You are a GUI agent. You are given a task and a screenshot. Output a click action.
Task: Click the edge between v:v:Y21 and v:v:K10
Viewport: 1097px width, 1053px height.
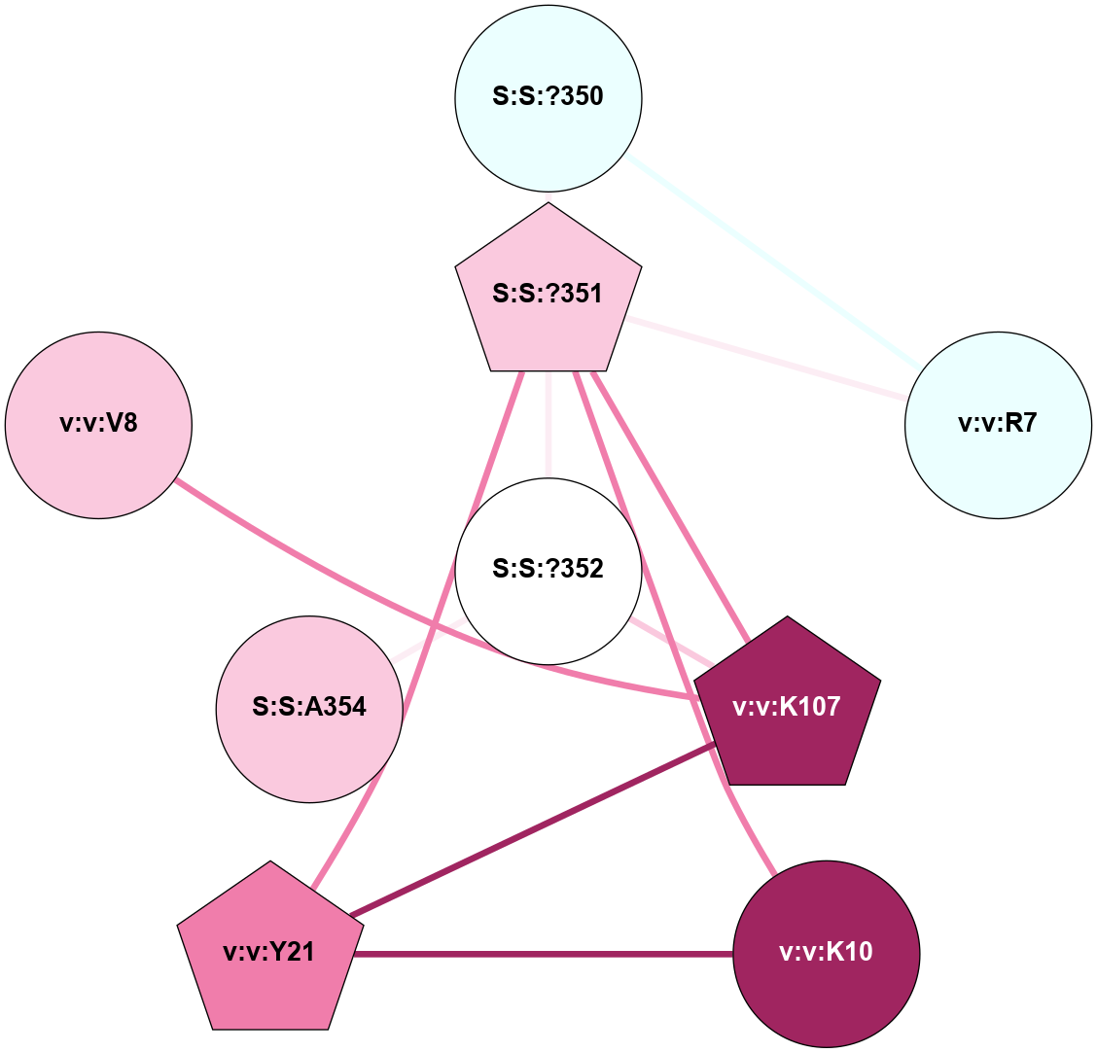(545, 955)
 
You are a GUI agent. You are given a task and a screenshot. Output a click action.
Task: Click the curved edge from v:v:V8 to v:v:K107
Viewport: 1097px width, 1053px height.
(389, 603)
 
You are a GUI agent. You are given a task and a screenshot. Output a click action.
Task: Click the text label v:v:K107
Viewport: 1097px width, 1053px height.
(787, 708)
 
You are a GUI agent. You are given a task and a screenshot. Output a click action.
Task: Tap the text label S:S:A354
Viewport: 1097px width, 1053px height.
(309, 707)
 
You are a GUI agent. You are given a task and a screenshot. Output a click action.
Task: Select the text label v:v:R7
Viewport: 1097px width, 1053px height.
(998, 424)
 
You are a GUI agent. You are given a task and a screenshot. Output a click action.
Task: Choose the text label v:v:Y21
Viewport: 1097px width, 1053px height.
(268, 952)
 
